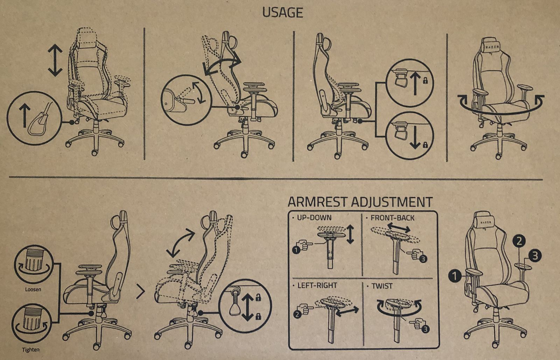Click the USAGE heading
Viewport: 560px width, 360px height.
point(282,13)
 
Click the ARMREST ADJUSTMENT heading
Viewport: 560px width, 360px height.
point(360,202)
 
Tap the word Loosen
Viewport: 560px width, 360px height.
point(33,290)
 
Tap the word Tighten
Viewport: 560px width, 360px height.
point(30,350)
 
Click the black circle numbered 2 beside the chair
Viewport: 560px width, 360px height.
point(519,241)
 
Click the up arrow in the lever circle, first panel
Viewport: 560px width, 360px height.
point(24,116)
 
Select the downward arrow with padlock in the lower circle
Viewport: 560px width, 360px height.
point(415,137)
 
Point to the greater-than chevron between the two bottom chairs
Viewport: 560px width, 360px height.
point(141,292)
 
